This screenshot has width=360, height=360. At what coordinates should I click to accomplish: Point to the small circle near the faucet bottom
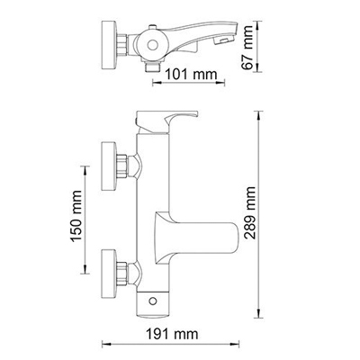point(163,298)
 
